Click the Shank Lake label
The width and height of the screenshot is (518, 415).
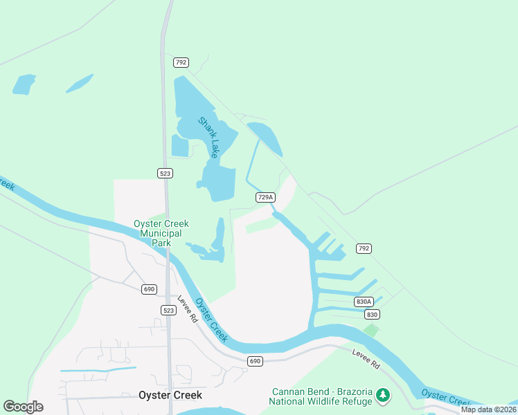point(208,137)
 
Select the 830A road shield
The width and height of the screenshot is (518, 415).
point(364,302)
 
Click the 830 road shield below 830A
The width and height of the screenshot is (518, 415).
point(372,314)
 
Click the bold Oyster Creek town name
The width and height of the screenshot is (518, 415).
point(170,395)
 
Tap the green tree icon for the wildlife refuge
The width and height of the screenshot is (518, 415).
point(383,396)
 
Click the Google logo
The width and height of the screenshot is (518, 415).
point(23,407)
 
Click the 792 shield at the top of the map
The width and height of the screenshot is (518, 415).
point(181,62)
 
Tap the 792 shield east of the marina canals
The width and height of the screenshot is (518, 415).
point(363,248)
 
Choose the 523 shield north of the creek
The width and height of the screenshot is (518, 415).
point(165,173)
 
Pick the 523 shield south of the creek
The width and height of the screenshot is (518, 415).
point(168,310)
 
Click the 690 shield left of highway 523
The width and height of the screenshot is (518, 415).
point(149,289)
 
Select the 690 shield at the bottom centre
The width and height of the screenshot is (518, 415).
point(256,361)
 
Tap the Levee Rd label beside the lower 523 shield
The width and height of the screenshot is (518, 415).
point(188,311)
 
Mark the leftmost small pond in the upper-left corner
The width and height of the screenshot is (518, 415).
point(24,84)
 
